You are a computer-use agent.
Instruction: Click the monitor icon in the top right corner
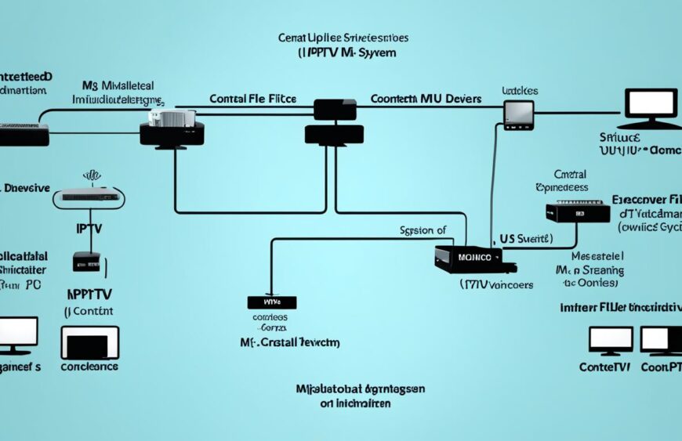click(651, 107)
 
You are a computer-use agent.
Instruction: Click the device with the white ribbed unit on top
click(172, 126)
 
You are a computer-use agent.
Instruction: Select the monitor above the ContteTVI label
click(610, 342)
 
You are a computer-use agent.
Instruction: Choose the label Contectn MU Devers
click(425, 99)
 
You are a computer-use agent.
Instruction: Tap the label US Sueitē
click(525, 237)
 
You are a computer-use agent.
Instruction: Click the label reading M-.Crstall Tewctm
click(288, 342)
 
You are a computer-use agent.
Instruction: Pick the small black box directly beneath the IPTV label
click(86, 261)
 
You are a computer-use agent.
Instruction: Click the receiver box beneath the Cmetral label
click(577, 211)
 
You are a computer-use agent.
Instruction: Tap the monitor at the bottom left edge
click(17, 334)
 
